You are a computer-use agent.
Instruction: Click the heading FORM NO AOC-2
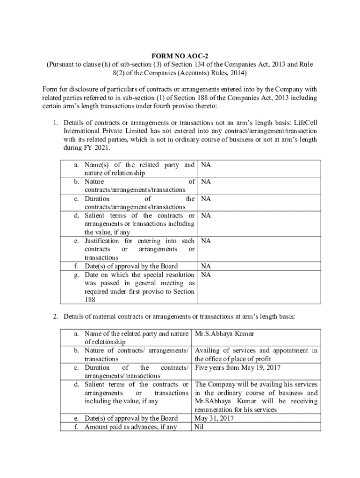180,55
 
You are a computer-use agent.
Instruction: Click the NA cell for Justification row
205,241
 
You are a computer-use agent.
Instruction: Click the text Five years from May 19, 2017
238,367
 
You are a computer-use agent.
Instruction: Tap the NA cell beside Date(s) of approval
205,266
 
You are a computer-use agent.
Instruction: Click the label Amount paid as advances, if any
130,427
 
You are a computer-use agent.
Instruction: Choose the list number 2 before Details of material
55,316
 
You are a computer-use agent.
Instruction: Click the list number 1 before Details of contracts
55,123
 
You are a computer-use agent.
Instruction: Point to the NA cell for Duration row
205,198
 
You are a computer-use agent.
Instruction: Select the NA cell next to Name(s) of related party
205,165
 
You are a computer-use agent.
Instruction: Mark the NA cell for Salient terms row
205,216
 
